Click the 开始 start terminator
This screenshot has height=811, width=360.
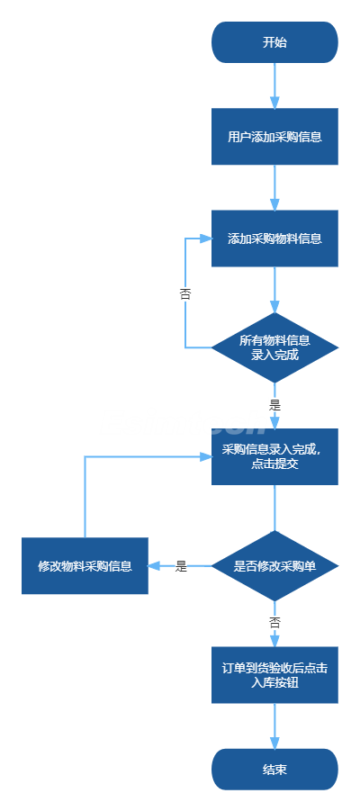pos(274,42)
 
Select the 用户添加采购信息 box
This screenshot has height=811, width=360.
pos(274,137)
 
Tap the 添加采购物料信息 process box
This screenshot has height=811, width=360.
pos(274,239)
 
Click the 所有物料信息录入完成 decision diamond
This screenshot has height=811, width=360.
pos(274,347)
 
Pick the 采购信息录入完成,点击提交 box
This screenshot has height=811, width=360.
pos(274,456)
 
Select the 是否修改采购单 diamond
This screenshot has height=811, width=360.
pos(274,566)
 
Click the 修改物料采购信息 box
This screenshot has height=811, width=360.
pos(85,566)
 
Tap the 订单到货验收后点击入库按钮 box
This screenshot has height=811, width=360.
pos(274,675)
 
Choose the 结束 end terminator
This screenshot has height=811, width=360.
pos(274,769)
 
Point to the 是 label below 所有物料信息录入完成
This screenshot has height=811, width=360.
pos(274,405)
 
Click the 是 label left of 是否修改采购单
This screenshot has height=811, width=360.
pos(181,566)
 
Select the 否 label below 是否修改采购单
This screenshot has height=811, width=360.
pos(274,623)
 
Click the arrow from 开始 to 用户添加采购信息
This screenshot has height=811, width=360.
pos(274,86)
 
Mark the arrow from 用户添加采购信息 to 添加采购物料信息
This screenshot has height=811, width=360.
pos(274,188)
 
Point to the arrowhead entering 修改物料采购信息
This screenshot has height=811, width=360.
pos(154,566)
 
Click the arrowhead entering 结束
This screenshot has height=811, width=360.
pos(274,743)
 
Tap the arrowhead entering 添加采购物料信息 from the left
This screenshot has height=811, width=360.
pos(206,239)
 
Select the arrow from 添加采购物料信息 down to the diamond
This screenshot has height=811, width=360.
pos(274,290)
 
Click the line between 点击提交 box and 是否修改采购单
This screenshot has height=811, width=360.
pos(274,508)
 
